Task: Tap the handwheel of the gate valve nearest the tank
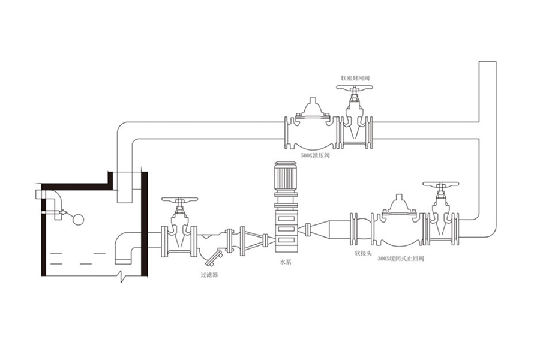coord(179,200)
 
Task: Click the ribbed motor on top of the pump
coord(285,174)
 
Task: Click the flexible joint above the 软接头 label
coord(356,228)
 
